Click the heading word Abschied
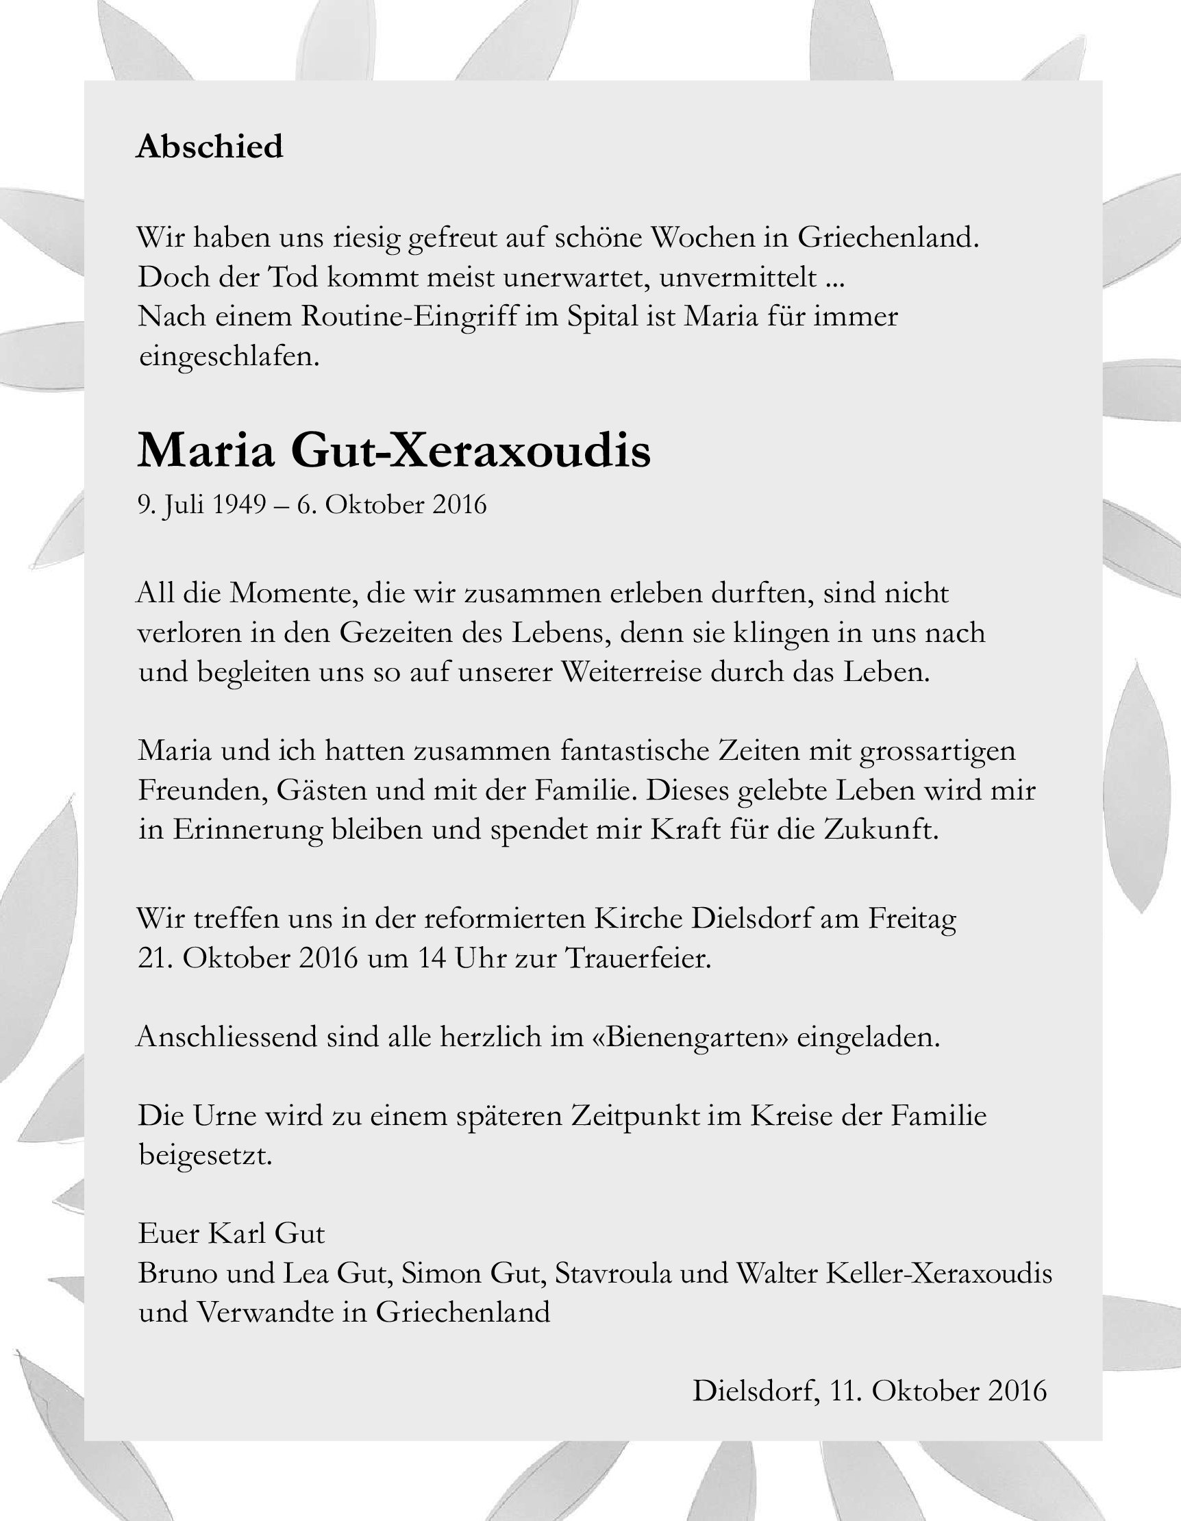pyautogui.click(x=210, y=147)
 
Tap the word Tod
pyautogui.click(x=293, y=278)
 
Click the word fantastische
pyautogui.click(x=634, y=752)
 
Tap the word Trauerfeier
pyautogui.click(x=638, y=959)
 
